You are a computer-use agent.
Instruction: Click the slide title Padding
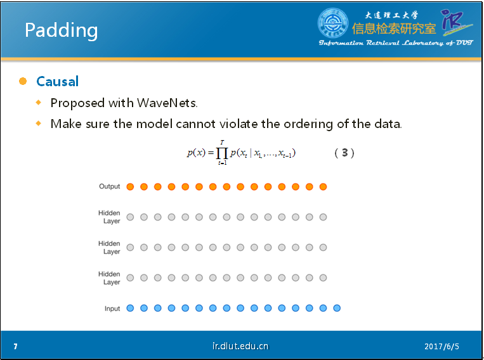(x=61, y=31)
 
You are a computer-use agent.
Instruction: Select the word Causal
(x=58, y=82)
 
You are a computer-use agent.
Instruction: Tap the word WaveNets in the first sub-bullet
(x=167, y=103)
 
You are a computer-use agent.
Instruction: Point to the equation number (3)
(x=344, y=153)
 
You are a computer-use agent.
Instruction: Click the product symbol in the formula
(x=222, y=153)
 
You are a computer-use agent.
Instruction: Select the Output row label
(x=109, y=186)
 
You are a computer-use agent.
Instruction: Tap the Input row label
(x=112, y=309)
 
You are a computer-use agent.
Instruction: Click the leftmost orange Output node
(x=130, y=186)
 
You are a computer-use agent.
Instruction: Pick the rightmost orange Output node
(x=323, y=186)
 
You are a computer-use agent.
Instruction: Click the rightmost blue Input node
(x=337, y=308)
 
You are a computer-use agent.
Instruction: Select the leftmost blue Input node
(x=130, y=308)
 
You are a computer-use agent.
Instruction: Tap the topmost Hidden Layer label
(x=109, y=217)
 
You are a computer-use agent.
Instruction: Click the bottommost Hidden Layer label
(x=109, y=278)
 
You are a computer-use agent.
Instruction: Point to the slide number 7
(x=15, y=347)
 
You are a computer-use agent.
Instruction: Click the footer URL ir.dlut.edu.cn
(x=240, y=346)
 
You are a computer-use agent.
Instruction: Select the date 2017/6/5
(x=441, y=347)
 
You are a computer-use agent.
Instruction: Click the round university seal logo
(x=333, y=23)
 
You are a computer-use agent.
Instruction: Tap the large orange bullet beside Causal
(x=23, y=81)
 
